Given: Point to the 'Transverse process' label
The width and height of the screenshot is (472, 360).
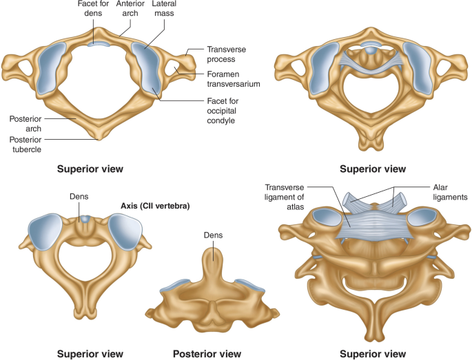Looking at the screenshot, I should click(x=227, y=54).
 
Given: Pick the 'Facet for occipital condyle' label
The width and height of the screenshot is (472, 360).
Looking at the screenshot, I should click(x=225, y=110).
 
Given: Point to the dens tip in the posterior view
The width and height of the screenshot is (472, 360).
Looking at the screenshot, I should click(x=213, y=251).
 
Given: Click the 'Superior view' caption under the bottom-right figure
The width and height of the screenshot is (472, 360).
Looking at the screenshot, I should click(x=373, y=353).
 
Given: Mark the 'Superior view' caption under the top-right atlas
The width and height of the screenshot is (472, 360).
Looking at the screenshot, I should click(x=373, y=168).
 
